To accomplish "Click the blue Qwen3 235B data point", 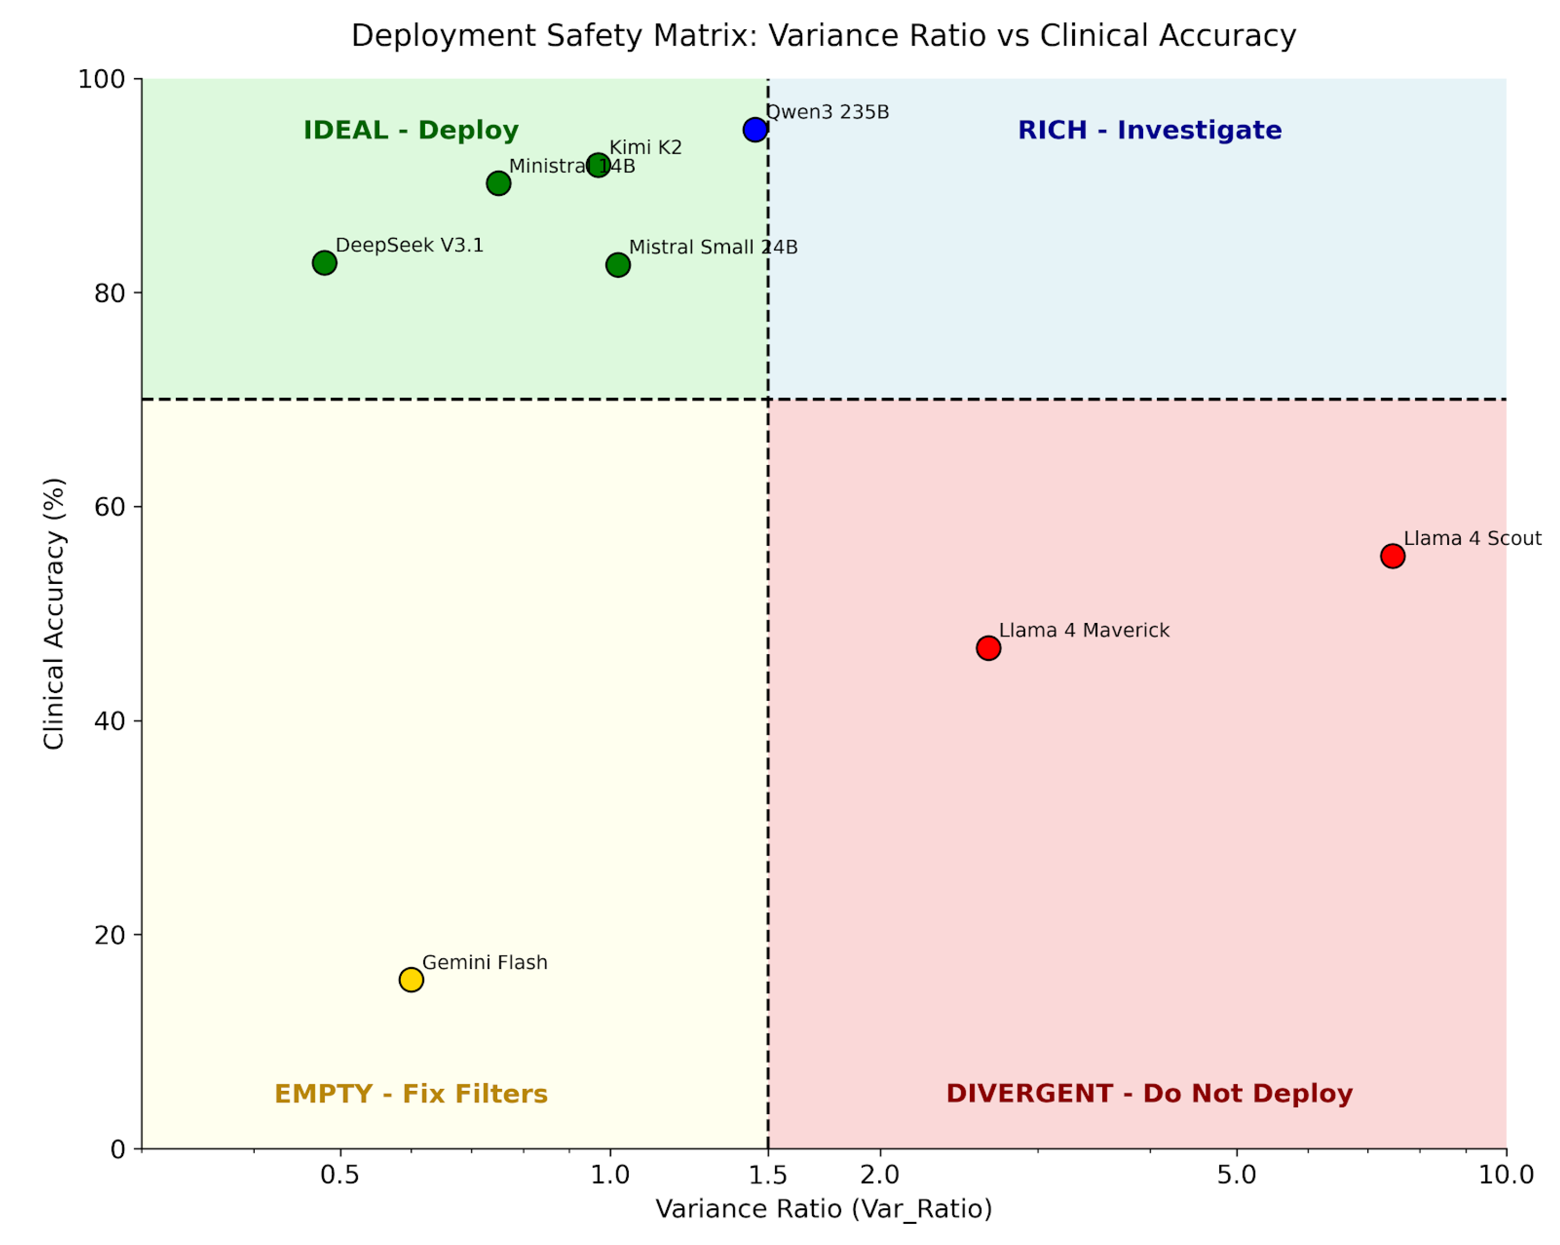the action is click(x=755, y=130).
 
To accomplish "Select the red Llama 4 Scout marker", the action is click(x=1392, y=556).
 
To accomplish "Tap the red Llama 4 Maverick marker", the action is click(x=988, y=648).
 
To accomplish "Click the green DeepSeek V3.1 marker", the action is click(x=324, y=263).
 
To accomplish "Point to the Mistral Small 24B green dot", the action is click(x=617, y=265).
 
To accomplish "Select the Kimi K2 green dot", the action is click(x=598, y=165).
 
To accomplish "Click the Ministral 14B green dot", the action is click(x=498, y=183).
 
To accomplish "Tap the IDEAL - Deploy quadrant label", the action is click(x=411, y=130).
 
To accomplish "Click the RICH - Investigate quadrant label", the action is click(x=1150, y=130).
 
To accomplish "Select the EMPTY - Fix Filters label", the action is click(x=411, y=1094).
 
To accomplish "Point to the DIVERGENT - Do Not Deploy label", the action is click(x=1150, y=1094).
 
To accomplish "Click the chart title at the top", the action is click(x=823, y=35).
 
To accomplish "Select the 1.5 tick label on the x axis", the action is click(x=768, y=1175).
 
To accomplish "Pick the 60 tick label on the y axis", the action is click(x=109, y=507).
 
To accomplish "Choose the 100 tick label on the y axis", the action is click(x=101, y=79).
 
